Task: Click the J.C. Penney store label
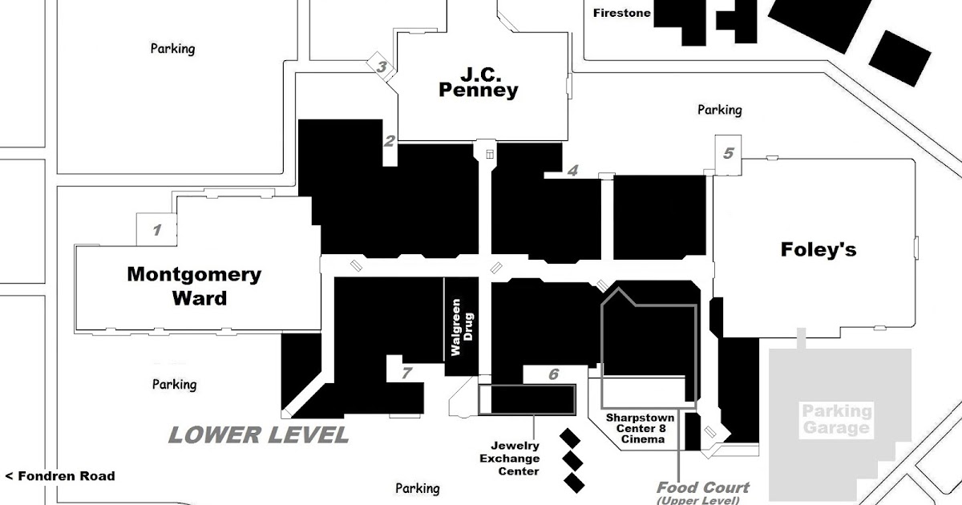(478, 82)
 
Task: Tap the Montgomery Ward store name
(194, 286)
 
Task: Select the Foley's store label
(818, 249)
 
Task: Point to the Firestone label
(621, 13)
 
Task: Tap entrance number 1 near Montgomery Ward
(157, 231)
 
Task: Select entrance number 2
(390, 142)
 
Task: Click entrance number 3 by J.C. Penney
(382, 67)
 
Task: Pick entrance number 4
(572, 170)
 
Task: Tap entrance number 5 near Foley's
(728, 152)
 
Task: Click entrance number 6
(553, 374)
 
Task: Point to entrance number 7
(406, 373)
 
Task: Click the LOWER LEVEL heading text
(258, 435)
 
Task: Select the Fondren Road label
(60, 476)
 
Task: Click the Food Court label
(703, 487)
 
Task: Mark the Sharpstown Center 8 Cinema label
(640, 428)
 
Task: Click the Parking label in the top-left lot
(172, 49)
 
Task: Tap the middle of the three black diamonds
(572, 460)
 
